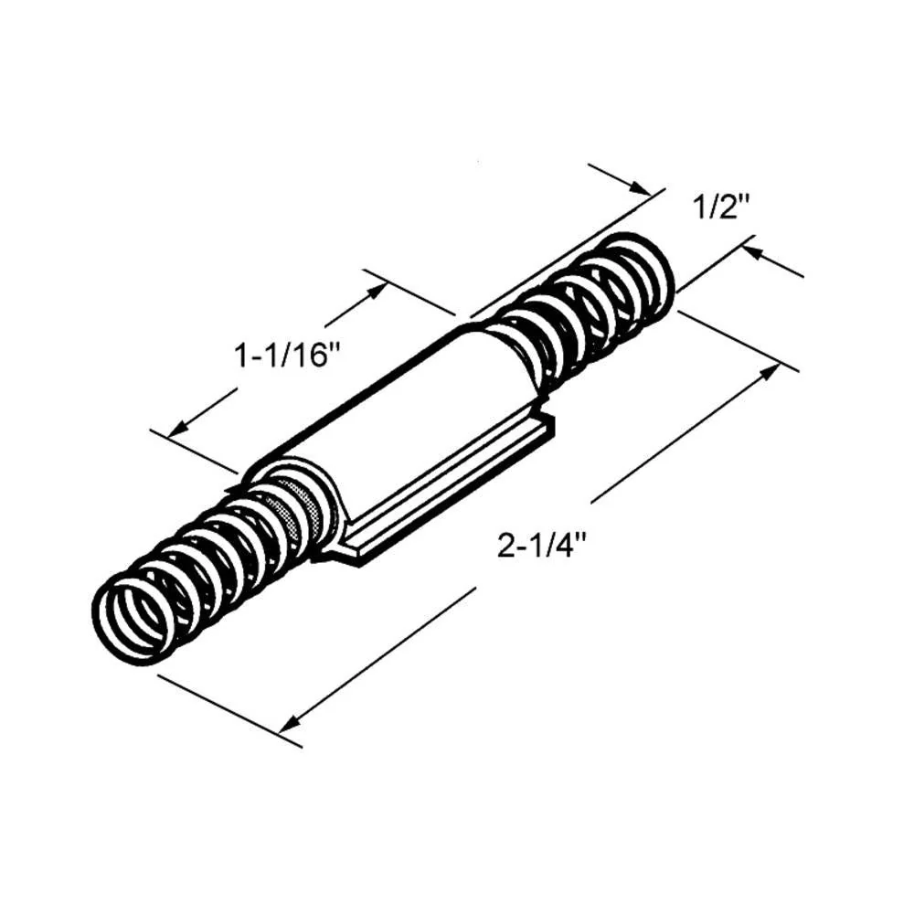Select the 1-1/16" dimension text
coord(286,356)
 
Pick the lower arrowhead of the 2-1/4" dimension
coord(291,723)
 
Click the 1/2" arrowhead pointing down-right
coord(639,186)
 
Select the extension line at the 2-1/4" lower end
coord(229,711)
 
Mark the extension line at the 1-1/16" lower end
coord(195,452)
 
